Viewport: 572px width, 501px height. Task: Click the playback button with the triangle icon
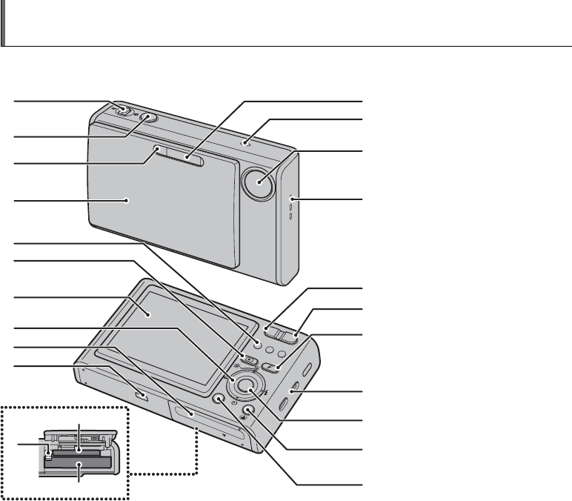[250, 362]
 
